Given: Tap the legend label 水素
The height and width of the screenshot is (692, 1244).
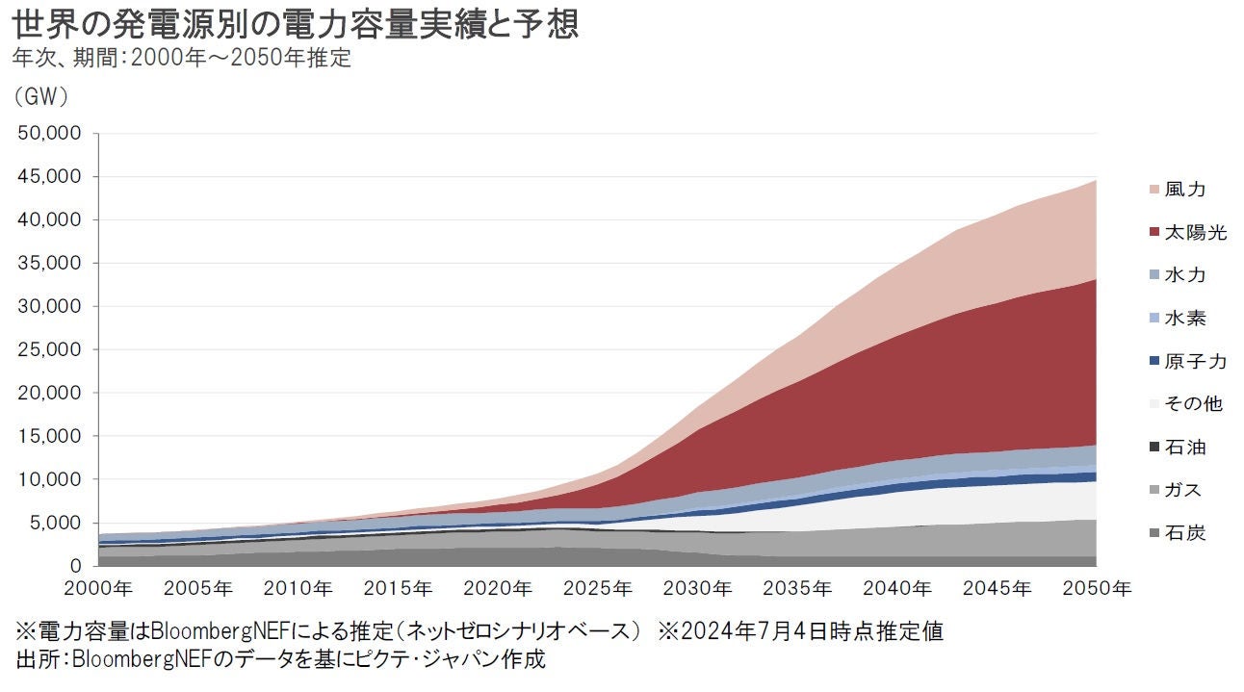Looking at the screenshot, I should pyautogui.click(x=1184, y=319).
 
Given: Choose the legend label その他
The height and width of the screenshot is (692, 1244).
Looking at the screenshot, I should pyautogui.click(x=1193, y=404).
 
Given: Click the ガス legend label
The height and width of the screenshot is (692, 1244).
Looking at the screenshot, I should pyautogui.click(x=1184, y=490).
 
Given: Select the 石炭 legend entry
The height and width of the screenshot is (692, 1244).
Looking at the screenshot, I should pyautogui.click(x=1184, y=533).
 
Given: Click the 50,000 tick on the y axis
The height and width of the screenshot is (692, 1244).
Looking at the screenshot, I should pyautogui.click(x=50, y=134).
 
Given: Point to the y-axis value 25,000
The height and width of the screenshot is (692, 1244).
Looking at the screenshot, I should pyautogui.click(x=50, y=349).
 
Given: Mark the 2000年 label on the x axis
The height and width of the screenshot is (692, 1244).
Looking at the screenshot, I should pyautogui.click(x=100, y=587).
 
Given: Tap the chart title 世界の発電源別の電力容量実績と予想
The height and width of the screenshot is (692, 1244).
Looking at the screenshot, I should pyautogui.click(x=295, y=23).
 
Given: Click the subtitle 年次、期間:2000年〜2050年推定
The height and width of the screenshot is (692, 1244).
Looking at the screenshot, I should pyautogui.click(x=182, y=58).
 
